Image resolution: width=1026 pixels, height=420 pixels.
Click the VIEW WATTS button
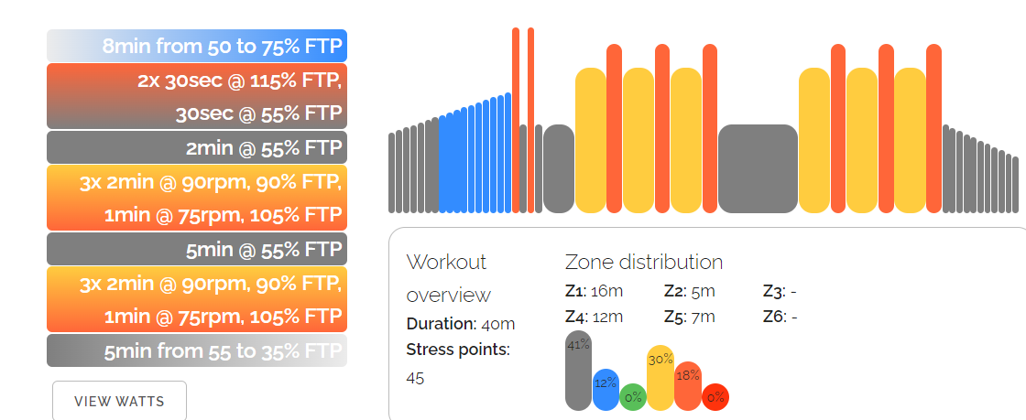coord(119,401)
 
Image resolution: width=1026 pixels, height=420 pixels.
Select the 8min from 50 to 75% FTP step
coord(197,46)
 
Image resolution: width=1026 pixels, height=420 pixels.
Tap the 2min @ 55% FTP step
coord(197,147)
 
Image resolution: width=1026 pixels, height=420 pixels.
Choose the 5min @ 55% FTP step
coord(197,249)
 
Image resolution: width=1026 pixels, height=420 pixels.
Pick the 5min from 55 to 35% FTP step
coord(197,350)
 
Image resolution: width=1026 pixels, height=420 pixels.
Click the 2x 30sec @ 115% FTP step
coord(197,96)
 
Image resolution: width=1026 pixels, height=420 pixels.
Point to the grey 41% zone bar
coord(578,371)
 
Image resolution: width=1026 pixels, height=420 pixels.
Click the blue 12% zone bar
coord(606,389)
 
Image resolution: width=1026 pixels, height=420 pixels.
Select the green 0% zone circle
coord(633,397)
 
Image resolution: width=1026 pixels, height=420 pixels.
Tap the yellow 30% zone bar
coord(660,377)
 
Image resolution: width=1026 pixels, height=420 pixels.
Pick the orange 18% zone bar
coord(688,385)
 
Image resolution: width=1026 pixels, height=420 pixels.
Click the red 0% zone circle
coord(715,397)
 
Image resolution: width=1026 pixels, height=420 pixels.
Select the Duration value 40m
coord(499,324)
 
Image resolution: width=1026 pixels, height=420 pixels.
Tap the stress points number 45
coord(415,377)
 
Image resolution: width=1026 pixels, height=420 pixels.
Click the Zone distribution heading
coord(644,262)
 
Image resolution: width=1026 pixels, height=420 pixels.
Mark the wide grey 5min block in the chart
coord(758,169)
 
